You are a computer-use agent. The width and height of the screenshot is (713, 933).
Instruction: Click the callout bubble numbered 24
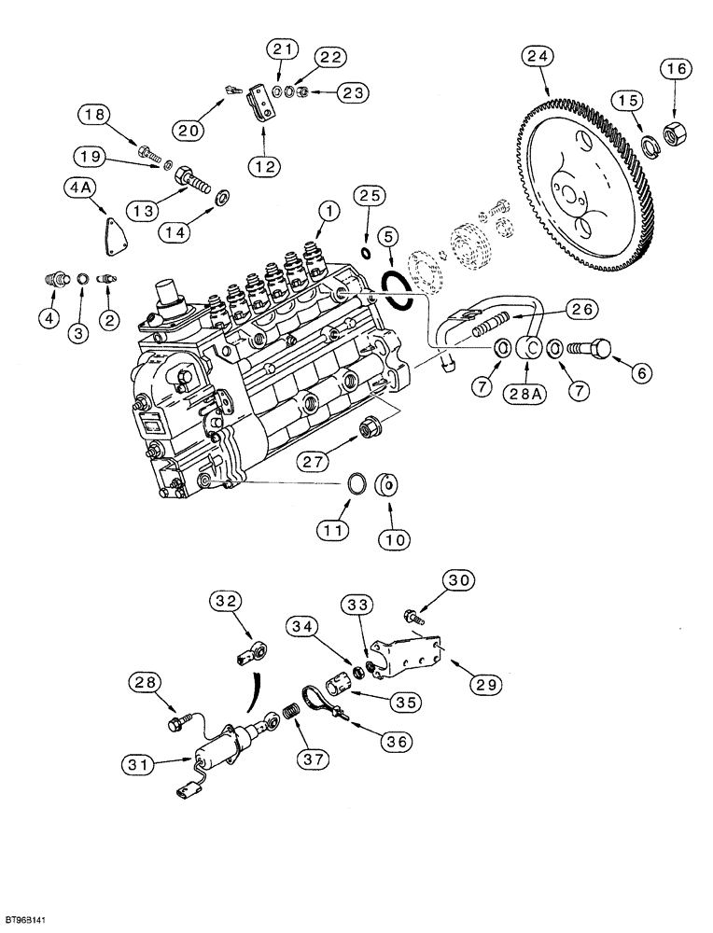click(534, 59)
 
